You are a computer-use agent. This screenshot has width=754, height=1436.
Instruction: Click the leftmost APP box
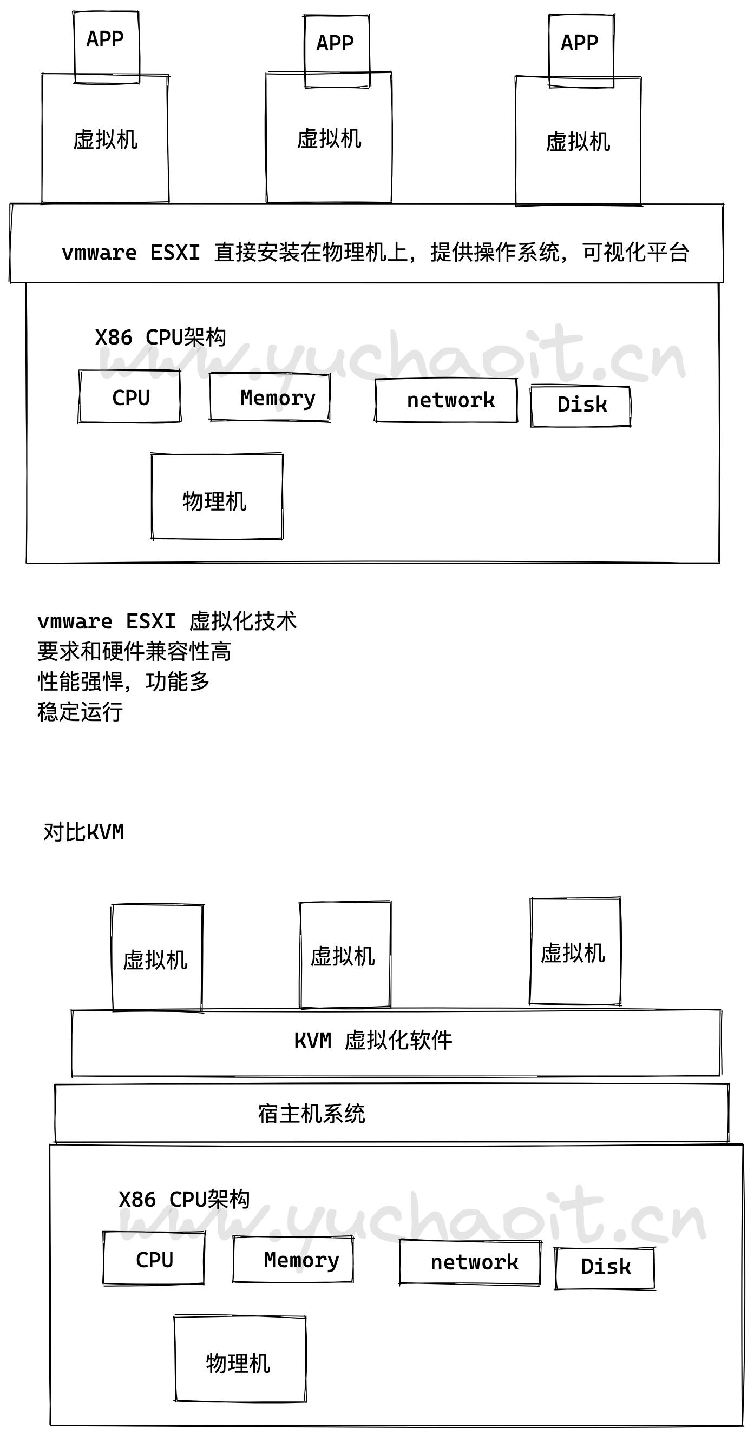click(x=106, y=47)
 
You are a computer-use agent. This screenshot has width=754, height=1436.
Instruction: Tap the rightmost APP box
click(x=581, y=51)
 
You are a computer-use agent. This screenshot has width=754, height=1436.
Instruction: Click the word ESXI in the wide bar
click(x=174, y=253)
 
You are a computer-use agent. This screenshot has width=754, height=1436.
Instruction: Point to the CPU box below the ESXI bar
click(x=130, y=397)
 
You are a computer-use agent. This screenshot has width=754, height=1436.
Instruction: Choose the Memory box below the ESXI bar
click(x=270, y=398)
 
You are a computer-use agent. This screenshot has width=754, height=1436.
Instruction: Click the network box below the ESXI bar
click(x=446, y=400)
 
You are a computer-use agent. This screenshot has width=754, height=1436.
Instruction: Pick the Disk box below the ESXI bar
click(x=581, y=406)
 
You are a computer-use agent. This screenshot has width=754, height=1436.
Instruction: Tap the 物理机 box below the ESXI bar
click(x=217, y=497)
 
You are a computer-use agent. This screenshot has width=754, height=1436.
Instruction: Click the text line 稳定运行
click(x=80, y=712)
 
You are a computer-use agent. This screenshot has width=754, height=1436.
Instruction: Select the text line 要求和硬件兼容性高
click(x=134, y=651)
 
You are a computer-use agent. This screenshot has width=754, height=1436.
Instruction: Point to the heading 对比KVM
click(x=83, y=832)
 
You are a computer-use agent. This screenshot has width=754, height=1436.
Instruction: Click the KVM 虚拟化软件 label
click(x=372, y=1040)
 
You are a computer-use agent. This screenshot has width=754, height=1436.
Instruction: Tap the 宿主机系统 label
click(x=311, y=1114)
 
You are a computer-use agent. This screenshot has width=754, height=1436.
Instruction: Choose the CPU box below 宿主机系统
click(x=154, y=1259)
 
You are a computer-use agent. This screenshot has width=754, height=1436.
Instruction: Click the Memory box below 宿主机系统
click(x=293, y=1260)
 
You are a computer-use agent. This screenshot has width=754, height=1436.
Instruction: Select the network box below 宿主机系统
click(x=470, y=1262)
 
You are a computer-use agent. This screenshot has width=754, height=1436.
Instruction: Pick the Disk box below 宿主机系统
click(x=605, y=1268)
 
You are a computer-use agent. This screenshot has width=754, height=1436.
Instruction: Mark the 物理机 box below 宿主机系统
click(x=240, y=1359)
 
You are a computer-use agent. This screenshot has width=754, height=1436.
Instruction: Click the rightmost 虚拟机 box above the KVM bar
click(x=574, y=952)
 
